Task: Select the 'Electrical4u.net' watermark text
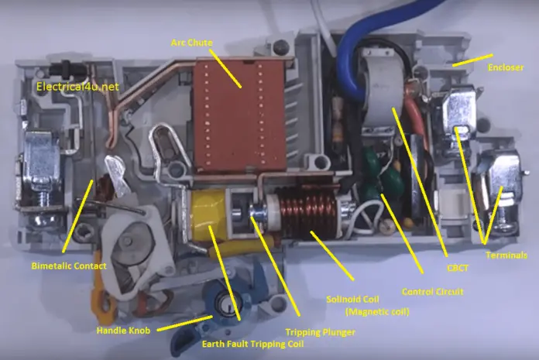point(77,87)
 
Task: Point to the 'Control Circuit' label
point(433,292)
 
